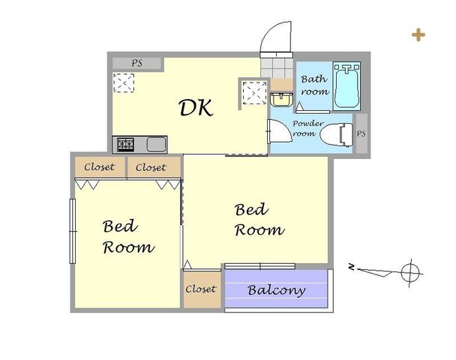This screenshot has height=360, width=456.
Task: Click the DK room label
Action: point(196,107)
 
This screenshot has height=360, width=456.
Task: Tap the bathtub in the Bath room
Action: point(346,85)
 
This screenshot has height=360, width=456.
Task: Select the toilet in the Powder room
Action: point(337,135)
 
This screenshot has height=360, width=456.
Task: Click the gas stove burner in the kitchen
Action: point(126,145)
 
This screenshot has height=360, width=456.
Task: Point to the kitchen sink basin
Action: point(157,145)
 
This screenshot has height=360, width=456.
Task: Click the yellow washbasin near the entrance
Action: point(281,100)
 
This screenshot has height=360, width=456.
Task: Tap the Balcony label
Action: point(277,290)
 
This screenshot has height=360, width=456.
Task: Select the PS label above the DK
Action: point(137,63)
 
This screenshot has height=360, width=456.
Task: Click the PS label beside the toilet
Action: point(361,133)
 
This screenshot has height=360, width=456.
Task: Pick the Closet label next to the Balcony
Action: point(201,289)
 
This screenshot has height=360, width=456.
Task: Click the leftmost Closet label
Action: point(100,167)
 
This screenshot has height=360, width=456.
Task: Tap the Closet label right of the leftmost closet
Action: point(151,167)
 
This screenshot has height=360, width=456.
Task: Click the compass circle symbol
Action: point(410,273)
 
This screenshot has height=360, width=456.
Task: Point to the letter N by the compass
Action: point(352,266)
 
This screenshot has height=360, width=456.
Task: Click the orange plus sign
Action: point(418,35)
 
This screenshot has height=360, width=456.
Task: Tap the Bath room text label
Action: point(315,85)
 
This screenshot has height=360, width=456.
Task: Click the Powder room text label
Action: point(307,128)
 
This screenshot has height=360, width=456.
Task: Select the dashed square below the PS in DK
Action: point(124,83)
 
